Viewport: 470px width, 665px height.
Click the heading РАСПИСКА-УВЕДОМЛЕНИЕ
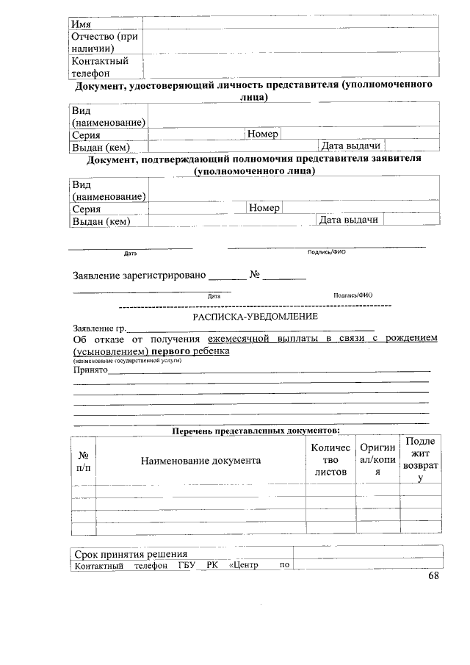(x=255, y=317)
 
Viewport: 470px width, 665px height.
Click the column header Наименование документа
(x=200, y=460)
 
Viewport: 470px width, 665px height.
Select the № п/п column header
(x=84, y=461)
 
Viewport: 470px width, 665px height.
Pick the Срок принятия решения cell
(x=131, y=553)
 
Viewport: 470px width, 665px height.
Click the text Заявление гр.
(x=100, y=328)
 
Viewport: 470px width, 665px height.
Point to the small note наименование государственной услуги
(x=126, y=361)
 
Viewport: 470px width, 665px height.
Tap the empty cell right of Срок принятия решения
(x=367, y=553)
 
